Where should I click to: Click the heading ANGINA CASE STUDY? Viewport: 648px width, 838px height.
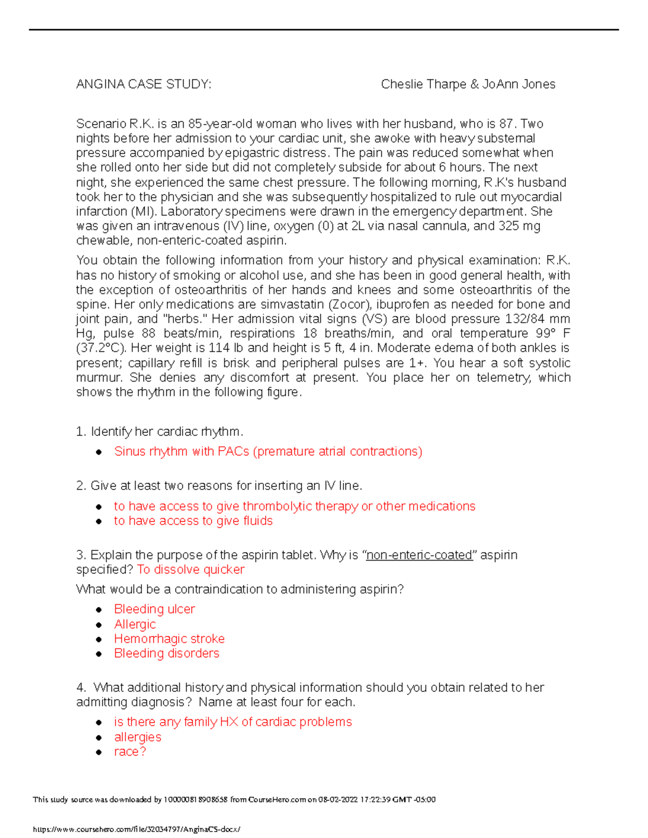coord(144,84)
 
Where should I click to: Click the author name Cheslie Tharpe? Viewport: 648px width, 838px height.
coord(423,84)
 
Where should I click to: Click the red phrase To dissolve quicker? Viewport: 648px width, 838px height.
coord(191,570)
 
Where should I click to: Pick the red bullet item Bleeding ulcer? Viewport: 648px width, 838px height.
coord(154,609)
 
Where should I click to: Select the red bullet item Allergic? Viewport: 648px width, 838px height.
coord(135,624)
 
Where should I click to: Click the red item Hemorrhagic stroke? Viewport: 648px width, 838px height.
coord(169,639)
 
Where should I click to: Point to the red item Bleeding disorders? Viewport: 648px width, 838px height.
coord(166,653)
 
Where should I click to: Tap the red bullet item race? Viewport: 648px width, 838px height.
coord(130,752)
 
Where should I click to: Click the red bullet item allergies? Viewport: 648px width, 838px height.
coord(138,737)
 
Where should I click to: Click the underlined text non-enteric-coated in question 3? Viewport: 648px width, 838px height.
coord(419,555)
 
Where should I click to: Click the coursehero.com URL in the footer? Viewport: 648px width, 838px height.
coord(137,829)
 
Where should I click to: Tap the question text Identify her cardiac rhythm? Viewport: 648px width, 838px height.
coord(167,432)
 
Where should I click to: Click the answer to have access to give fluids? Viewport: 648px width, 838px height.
coord(193,521)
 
